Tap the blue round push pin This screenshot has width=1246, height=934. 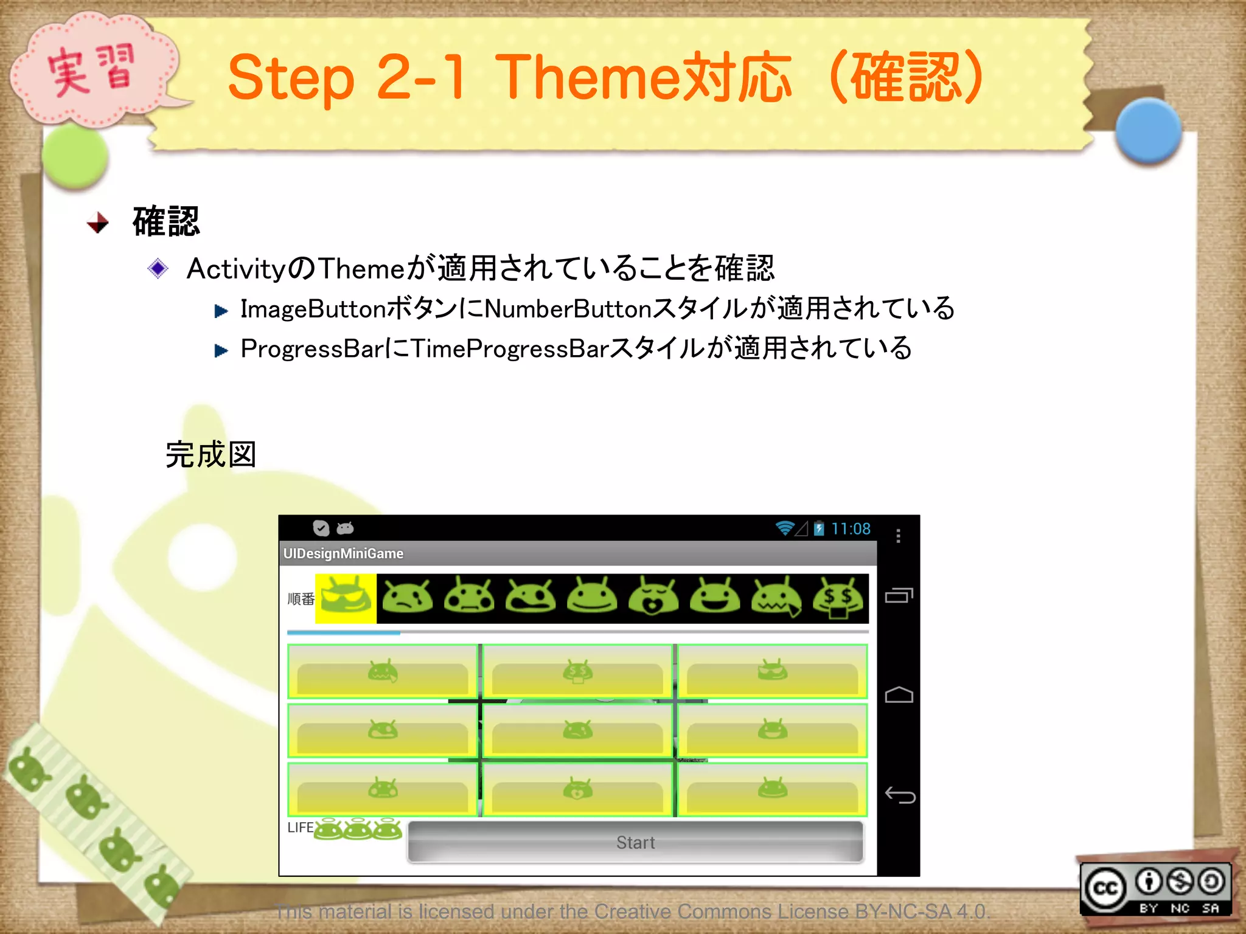[1148, 131]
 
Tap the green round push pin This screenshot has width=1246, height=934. [75, 156]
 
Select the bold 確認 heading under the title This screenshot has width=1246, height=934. [166, 221]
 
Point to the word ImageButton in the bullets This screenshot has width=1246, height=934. [313, 309]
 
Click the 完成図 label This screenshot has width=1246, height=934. [211, 455]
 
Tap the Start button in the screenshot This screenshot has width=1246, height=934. [635, 842]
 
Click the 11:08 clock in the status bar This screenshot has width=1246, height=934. [851, 528]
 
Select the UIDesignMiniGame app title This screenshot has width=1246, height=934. [343, 553]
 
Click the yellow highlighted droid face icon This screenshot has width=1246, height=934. [346, 598]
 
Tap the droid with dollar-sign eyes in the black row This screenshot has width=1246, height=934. [838, 598]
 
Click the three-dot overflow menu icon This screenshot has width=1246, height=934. [898, 536]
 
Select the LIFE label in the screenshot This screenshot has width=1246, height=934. [300, 828]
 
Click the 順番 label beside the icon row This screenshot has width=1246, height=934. [301, 599]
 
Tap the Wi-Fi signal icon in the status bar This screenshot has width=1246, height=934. [785, 528]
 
